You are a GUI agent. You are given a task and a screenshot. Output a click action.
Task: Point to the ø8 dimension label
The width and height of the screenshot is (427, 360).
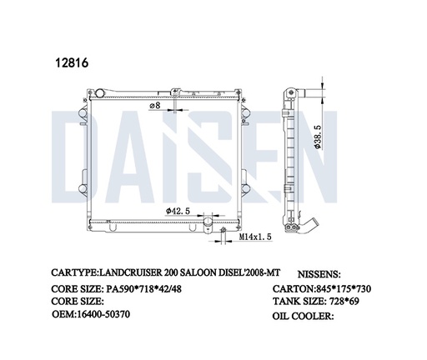[155, 106]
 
